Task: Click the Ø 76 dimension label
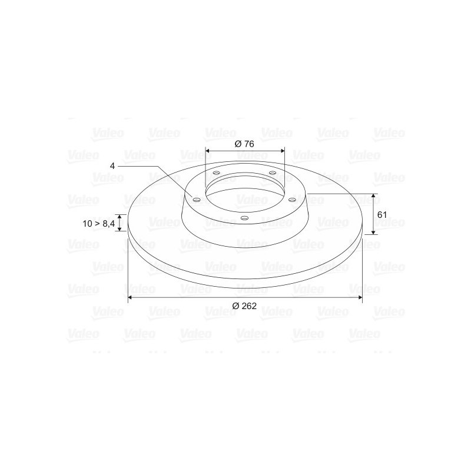point(244,144)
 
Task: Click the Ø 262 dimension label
point(244,306)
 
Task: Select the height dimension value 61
point(382,215)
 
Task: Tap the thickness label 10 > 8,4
point(98,224)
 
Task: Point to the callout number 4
point(112,166)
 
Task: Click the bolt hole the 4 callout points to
point(197,200)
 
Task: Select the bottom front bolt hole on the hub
point(245,218)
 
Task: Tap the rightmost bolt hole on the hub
point(291,200)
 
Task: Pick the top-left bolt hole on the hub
point(216,173)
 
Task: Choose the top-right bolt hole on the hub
point(273,173)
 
